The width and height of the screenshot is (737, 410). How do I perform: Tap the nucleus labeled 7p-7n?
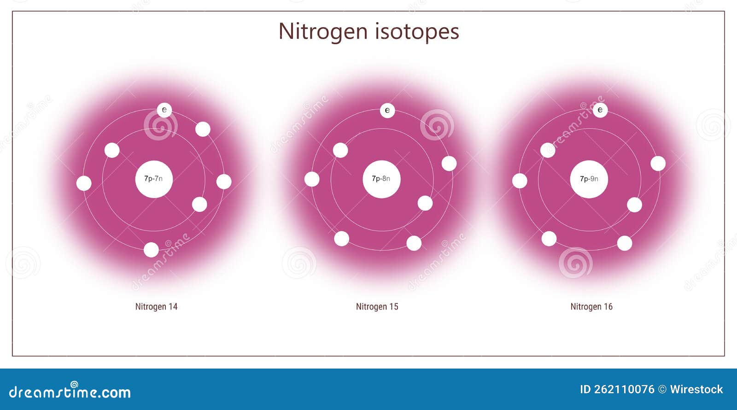[x=154, y=179]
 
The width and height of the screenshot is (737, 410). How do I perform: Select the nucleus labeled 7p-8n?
[x=381, y=179]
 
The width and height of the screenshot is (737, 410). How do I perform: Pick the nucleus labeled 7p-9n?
[x=589, y=179]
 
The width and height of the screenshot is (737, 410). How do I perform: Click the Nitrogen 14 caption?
[x=156, y=307]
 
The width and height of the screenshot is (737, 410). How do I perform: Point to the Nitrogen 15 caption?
[x=377, y=307]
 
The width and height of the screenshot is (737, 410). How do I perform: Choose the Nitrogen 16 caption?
[x=591, y=307]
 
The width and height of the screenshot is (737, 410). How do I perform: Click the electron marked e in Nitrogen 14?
[x=164, y=110]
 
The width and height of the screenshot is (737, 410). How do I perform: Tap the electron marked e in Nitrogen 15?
[x=387, y=110]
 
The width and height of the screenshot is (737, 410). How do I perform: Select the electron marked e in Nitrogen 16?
[x=600, y=110]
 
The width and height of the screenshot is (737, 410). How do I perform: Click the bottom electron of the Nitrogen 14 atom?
[x=151, y=250]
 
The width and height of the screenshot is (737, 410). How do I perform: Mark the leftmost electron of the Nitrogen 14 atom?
[x=84, y=183]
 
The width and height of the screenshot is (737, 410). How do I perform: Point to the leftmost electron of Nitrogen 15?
[x=312, y=179]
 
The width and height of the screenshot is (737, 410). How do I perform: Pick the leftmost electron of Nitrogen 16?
[x=520, y=181]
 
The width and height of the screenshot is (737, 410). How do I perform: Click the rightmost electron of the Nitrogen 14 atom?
[x=224, y=182]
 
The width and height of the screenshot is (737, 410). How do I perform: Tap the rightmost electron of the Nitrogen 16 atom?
[x=658, y=164]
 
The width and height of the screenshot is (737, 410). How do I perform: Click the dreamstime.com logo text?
[x=70, y=392]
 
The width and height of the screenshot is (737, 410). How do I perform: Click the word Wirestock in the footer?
[x=696, y=390]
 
